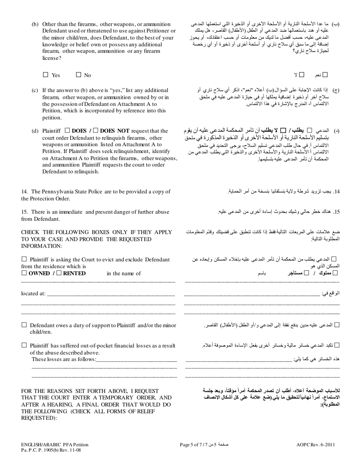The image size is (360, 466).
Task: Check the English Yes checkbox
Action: (x=46, y=75)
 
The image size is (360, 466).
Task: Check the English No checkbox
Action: (x=79, y=75)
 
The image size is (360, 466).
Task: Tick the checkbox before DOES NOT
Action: (x=96, y=131)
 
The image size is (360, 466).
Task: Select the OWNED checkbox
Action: (x=24, y=273)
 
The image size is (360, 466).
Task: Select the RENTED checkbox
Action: (x=59, y=273)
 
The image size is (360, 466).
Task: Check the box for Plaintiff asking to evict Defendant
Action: (x=24, y=259)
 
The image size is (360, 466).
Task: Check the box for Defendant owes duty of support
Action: (x=24, y=325)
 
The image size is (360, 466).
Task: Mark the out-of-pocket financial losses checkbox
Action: (x=24, y=345)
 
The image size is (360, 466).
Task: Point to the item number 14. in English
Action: (x=25, y=192)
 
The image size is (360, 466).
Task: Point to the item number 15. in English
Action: (x=25, y=212)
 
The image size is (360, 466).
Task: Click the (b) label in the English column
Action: (x=35, y=24)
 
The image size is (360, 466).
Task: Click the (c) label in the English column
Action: (x=35, y=90)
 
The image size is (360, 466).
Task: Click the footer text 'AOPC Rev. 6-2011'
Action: (x=316, y=445)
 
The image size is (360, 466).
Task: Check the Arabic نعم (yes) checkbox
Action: (x=325, y=75)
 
